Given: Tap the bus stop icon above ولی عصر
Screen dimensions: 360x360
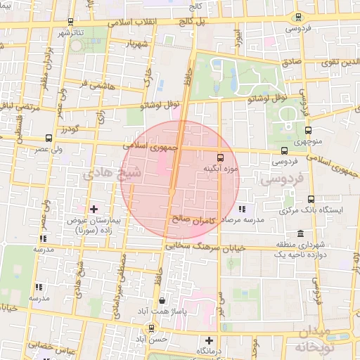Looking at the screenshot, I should [x=48, y=139].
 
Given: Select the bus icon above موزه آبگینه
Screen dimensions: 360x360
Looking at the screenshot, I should [x=221, y=157].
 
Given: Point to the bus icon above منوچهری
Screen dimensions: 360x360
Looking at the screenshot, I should [x=309, y=131].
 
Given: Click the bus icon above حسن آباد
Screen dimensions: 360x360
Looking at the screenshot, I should [x=152, y=328].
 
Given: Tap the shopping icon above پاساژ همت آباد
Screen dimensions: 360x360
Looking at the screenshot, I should [x=162, y=300].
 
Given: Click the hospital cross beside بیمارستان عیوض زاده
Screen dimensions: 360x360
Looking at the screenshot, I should [x=94, y=209].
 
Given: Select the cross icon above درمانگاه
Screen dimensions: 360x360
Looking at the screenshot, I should [x=209, y=341].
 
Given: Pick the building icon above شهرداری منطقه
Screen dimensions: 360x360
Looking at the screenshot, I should [x=300, y=233].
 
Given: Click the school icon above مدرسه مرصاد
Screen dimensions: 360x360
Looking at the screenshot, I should [x=242, y=209].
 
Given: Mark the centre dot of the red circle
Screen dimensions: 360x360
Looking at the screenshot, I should [x=172, y=191].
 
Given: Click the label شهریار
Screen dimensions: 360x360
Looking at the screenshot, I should [x=139, y=43].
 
